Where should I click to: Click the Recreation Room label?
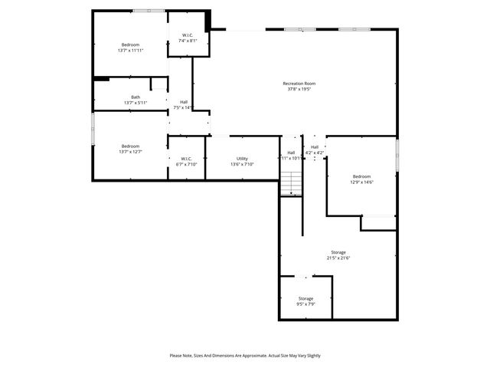[x=299, y=84]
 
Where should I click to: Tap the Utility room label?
[x=242, y=159]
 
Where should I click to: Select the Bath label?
[x=136, y=97]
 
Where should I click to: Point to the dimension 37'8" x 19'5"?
[x=299, y=89]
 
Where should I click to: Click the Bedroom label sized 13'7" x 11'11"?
[x=131, y=44]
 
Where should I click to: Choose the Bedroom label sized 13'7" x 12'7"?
[x=130, y=146]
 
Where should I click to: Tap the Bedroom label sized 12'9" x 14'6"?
[x=361, y=176]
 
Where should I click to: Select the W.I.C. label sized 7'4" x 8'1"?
[x=188, y=34]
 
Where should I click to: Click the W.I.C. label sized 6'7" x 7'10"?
[x=187, y=159]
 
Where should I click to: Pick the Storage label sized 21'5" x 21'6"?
[x=338, y=252]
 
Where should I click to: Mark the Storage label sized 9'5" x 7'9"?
[x=305, y=298]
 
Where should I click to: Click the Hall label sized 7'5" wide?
[x=184, y=102]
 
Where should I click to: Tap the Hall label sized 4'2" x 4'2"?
[x=315, y=147]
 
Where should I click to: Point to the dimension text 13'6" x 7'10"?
[x=242, y=164]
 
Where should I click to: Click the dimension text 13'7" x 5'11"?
[x=136, y=103]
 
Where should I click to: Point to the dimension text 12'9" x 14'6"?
[x=361, y=182]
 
